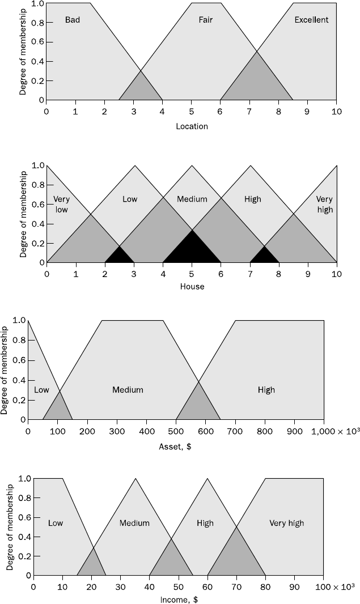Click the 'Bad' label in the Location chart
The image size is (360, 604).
tap(73, 20)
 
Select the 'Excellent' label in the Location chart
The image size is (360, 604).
tap(311, 20)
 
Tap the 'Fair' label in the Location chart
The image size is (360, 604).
tap(205, 20)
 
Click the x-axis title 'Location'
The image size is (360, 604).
tap(192, 126)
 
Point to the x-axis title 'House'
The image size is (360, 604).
tap(192, 287)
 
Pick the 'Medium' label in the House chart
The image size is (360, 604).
tap(192, 199)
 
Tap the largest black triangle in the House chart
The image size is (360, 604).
tap(192, 249)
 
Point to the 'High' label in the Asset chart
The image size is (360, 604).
tap(266, 390)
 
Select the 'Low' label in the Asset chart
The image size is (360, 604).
tap(42, 390)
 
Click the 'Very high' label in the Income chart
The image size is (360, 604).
tap(286, 523)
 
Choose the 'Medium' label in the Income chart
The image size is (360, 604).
tap(134, 523)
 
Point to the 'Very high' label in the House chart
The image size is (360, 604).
tap(325, 205)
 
